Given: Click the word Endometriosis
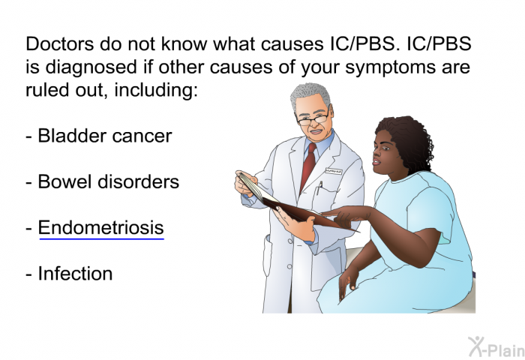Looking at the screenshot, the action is (x=100, y=228).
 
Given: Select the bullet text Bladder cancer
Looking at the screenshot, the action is (x=105, y=136).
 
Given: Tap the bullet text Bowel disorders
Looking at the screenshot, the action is (x=109, y=181).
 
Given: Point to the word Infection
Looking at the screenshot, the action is (x=75, y=274).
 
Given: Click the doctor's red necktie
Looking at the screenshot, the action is (x=308, y=166).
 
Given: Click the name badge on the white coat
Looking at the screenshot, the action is (x=334, y=171).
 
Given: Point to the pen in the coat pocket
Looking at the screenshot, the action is (x=319, y=187).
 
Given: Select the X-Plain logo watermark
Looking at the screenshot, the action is (x=496, y=347).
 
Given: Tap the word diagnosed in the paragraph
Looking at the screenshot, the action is (x=91, y=67).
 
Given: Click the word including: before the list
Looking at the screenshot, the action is (x=156, y=91).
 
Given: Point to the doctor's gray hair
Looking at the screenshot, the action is (x=310, y=94).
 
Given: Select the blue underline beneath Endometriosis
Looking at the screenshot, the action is (x=102, y=239).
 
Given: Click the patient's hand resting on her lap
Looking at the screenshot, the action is (x=348, y=280).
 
